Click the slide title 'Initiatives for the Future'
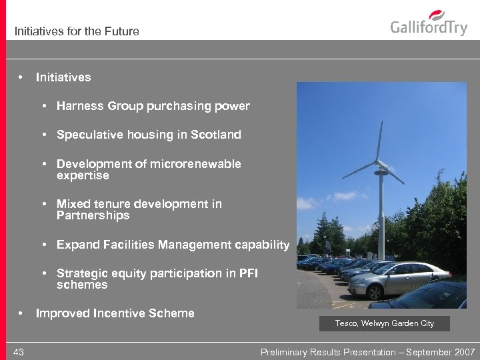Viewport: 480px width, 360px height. click(x=77, y=31)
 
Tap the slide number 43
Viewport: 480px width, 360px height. click(x=18, y=352)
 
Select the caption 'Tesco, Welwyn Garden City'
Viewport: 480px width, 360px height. click(x=385, y=323)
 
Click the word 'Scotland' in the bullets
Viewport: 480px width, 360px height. click(x=215, y=135)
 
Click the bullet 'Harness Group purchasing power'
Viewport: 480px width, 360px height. click(x=153, y=106)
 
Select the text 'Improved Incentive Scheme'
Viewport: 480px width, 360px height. click(x=115, y=313)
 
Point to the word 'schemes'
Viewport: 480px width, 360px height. click(x=82, y=285)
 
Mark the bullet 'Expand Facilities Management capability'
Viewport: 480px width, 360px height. click(x=173, y=245)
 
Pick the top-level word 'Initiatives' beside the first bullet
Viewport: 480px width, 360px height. click(x=63, y=77)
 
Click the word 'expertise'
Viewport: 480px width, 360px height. click(x=83, y=176)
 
